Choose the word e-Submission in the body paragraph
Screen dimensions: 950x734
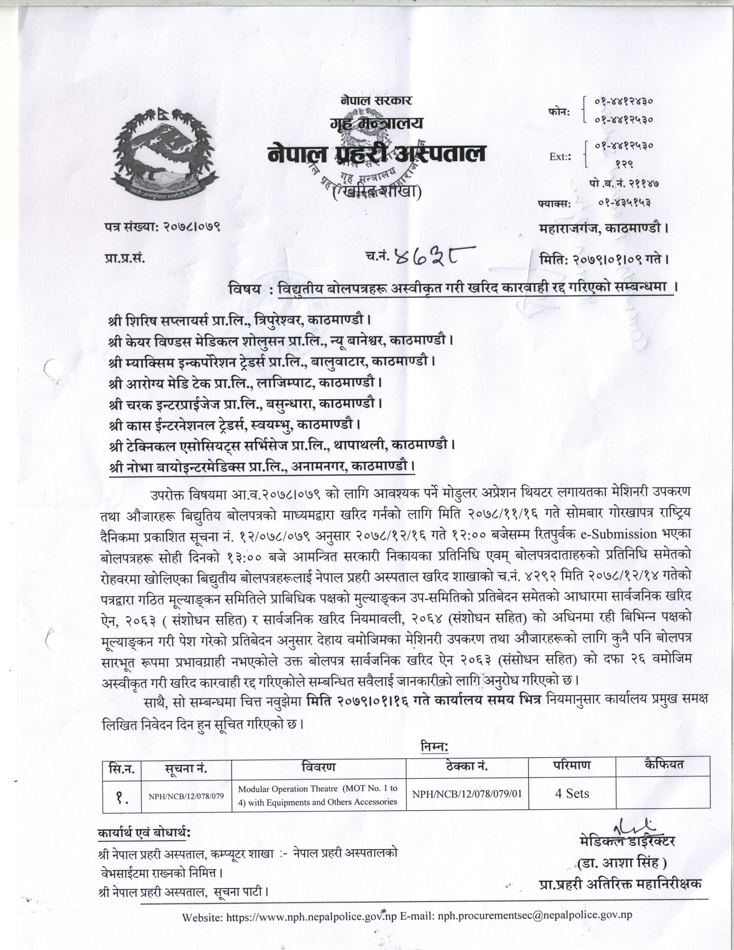coord(625,534)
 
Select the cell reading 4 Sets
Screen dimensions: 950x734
coord(572,793)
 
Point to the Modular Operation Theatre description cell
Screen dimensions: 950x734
coord(318,795)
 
